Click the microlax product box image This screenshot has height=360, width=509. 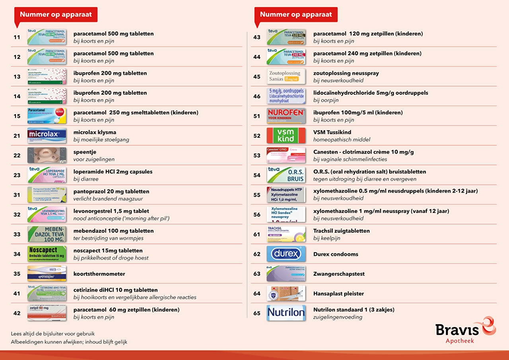pyautogui.click(x=47, y=136)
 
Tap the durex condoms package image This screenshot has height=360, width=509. pyautogui.click(x=286, y=254)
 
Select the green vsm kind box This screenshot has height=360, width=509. pyautogui.click(x=286, y=136)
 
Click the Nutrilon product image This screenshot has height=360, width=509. pyautogui.click(x=286, y=313)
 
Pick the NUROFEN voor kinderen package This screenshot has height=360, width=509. pyautogui.click(x=286, y=116)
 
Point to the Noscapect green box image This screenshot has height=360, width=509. pyautogui.click(x=47, y=254)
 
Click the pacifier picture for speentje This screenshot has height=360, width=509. pyautogui.click(x=47, y=155)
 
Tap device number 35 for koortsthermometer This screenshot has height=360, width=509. pyautogui.click(x=17, y=274)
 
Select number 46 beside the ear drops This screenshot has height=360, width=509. pyautogui.click(x=257, y=96)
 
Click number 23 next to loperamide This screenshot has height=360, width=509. pyautogui.click(x=17, y=175)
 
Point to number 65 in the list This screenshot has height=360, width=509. pyautogui.click(x=257, y=313)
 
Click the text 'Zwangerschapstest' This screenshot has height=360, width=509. pyautogui.click(x=339, y=274)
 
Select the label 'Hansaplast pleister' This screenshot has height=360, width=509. pyautogui.click(x=338, y=294)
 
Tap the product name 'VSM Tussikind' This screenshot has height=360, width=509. pyautogui.click(x=332, y=132)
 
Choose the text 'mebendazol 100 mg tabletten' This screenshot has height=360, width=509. pyautogui.click(x=113, y=231)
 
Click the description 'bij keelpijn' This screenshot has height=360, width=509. pyautogui.click(x=326, y=238)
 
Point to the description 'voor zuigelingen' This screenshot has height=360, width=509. pyautogui.click(x=94, y=159)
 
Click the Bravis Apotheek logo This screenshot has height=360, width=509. pyautogui.click(x=465, y=330)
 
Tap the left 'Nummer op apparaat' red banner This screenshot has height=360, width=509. pyautogui.click(x=56, y=15)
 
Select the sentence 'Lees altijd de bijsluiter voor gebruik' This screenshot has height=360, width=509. pyautogui.click(x=53, y=334)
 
